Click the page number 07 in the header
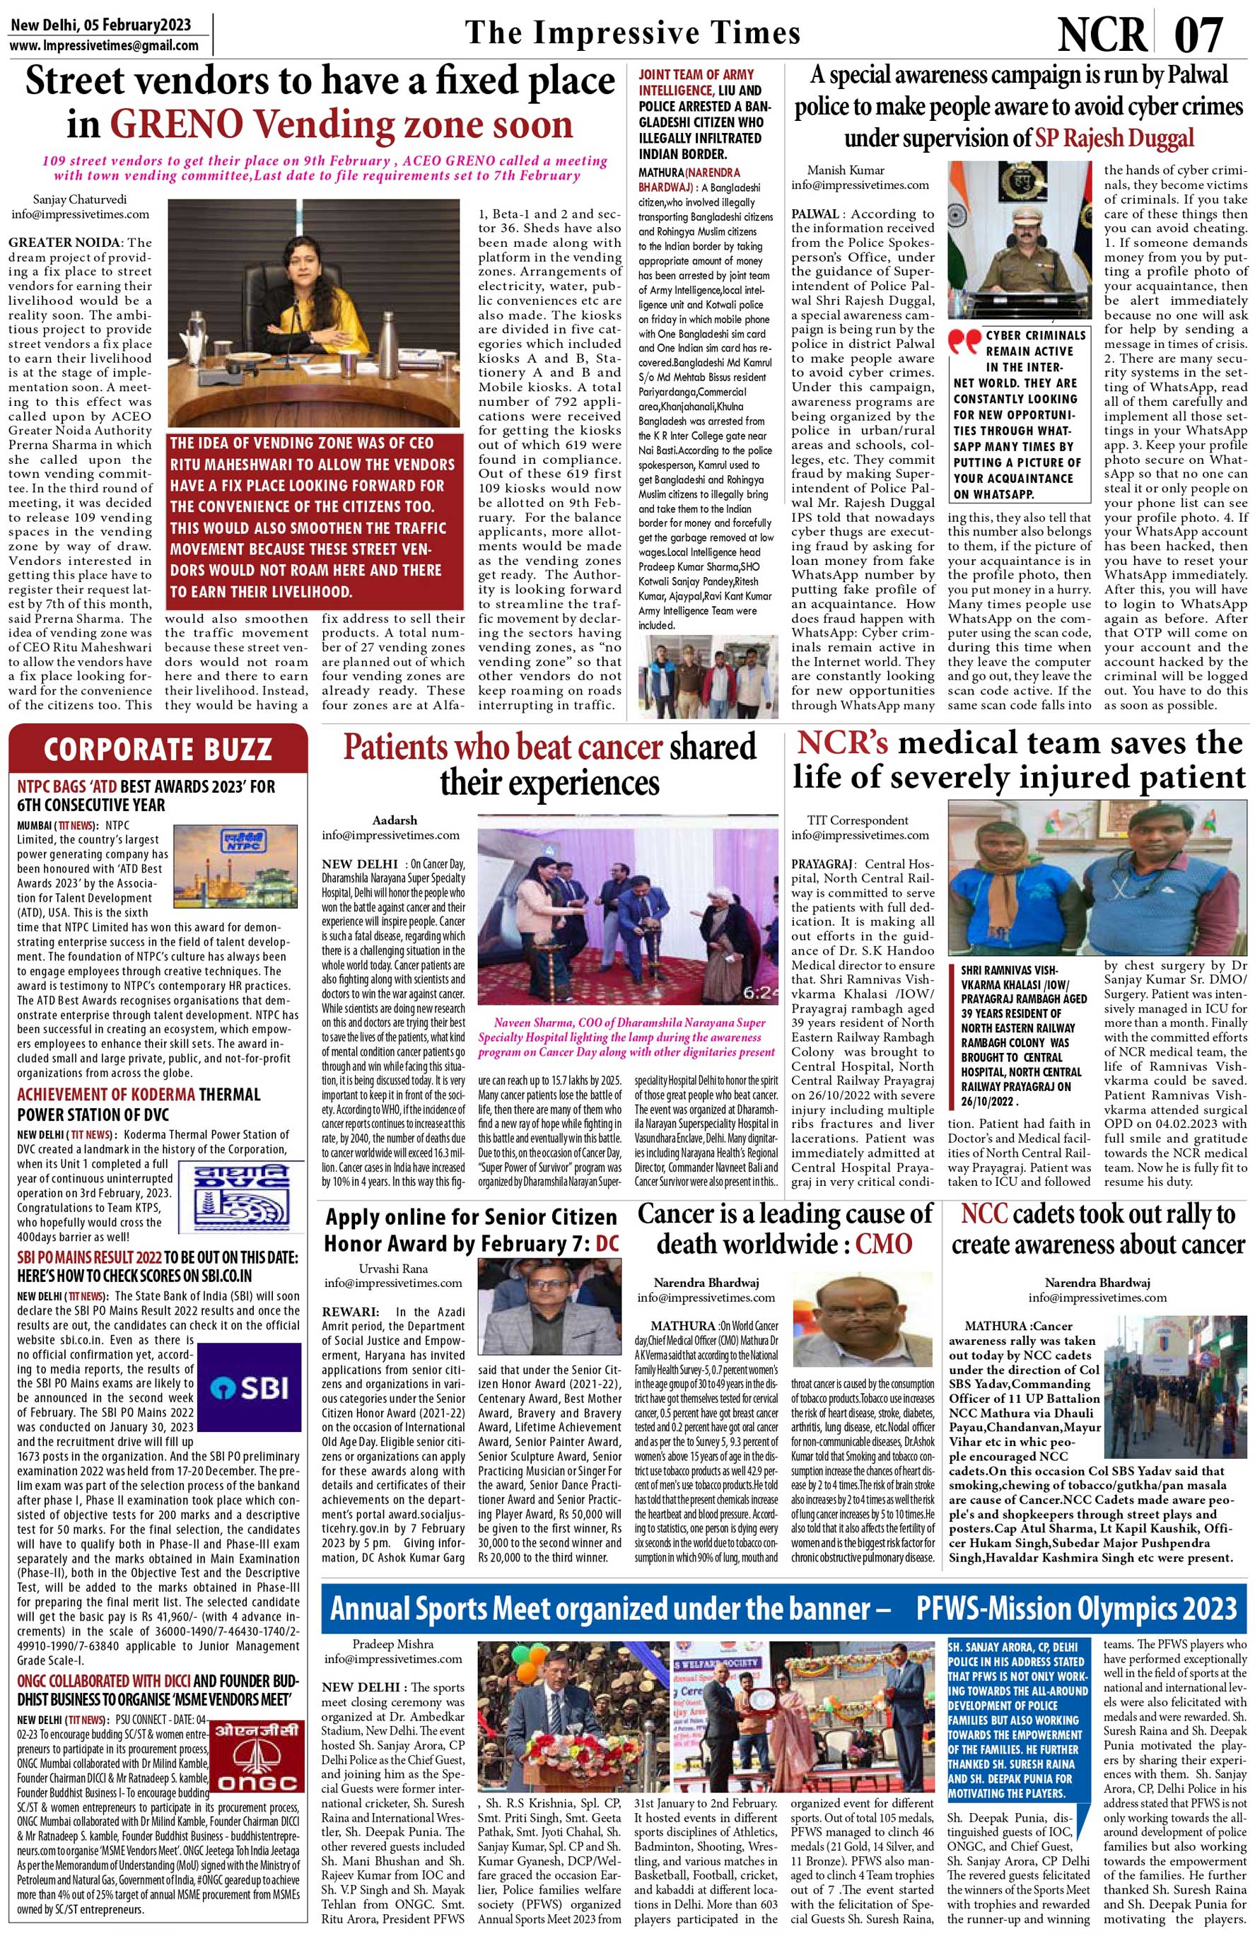[x=1198, y=34]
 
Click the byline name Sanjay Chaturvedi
[x=80, y=199]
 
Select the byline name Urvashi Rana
[x=393, y=1269]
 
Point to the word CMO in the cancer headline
[x=883, y=1244]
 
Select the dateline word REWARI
[x=348, y=1312]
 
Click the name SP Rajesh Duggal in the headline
[x=1114, y=138]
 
